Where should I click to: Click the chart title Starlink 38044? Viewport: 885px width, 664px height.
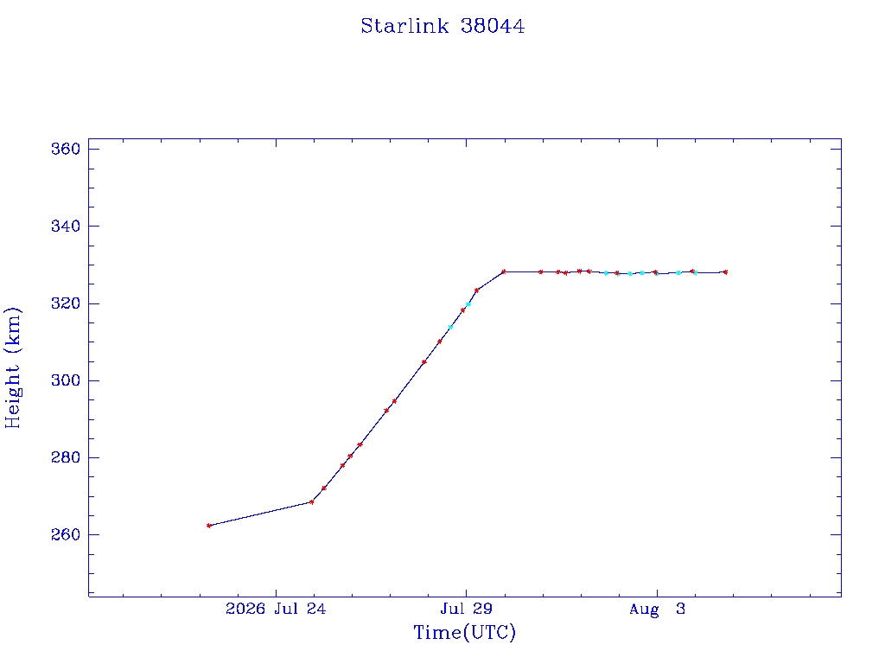click(442, 26)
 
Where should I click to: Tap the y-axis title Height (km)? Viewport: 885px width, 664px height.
click(12, 367)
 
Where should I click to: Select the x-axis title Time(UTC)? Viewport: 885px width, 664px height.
click(464, 632)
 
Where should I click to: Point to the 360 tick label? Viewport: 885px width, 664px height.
click(66, 149)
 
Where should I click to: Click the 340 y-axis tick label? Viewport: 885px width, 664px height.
click(66, 227)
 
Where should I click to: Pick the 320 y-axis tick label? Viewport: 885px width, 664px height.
click(66, 303)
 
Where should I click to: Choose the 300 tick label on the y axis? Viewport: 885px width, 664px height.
click(66, 380)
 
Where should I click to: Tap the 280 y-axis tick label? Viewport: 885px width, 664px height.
click(66, 458)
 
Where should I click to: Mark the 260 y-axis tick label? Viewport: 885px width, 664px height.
click(66, 534)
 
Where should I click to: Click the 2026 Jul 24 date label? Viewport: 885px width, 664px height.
click(276, 609)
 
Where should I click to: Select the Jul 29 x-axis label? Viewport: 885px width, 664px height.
click(466, 609)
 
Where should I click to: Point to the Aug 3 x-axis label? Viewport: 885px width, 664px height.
click(657, 610)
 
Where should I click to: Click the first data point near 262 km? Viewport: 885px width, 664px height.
click(209, 526)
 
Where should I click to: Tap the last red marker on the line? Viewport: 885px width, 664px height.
click(725, 272)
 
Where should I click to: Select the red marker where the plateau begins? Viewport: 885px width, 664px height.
click(504, 271)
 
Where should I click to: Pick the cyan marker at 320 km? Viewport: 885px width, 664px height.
click(468, 304)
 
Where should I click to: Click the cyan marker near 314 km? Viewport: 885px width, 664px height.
click(450, 327)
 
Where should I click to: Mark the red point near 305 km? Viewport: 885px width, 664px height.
click(423, 362)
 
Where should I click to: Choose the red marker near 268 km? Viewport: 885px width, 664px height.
click(311, 502)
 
